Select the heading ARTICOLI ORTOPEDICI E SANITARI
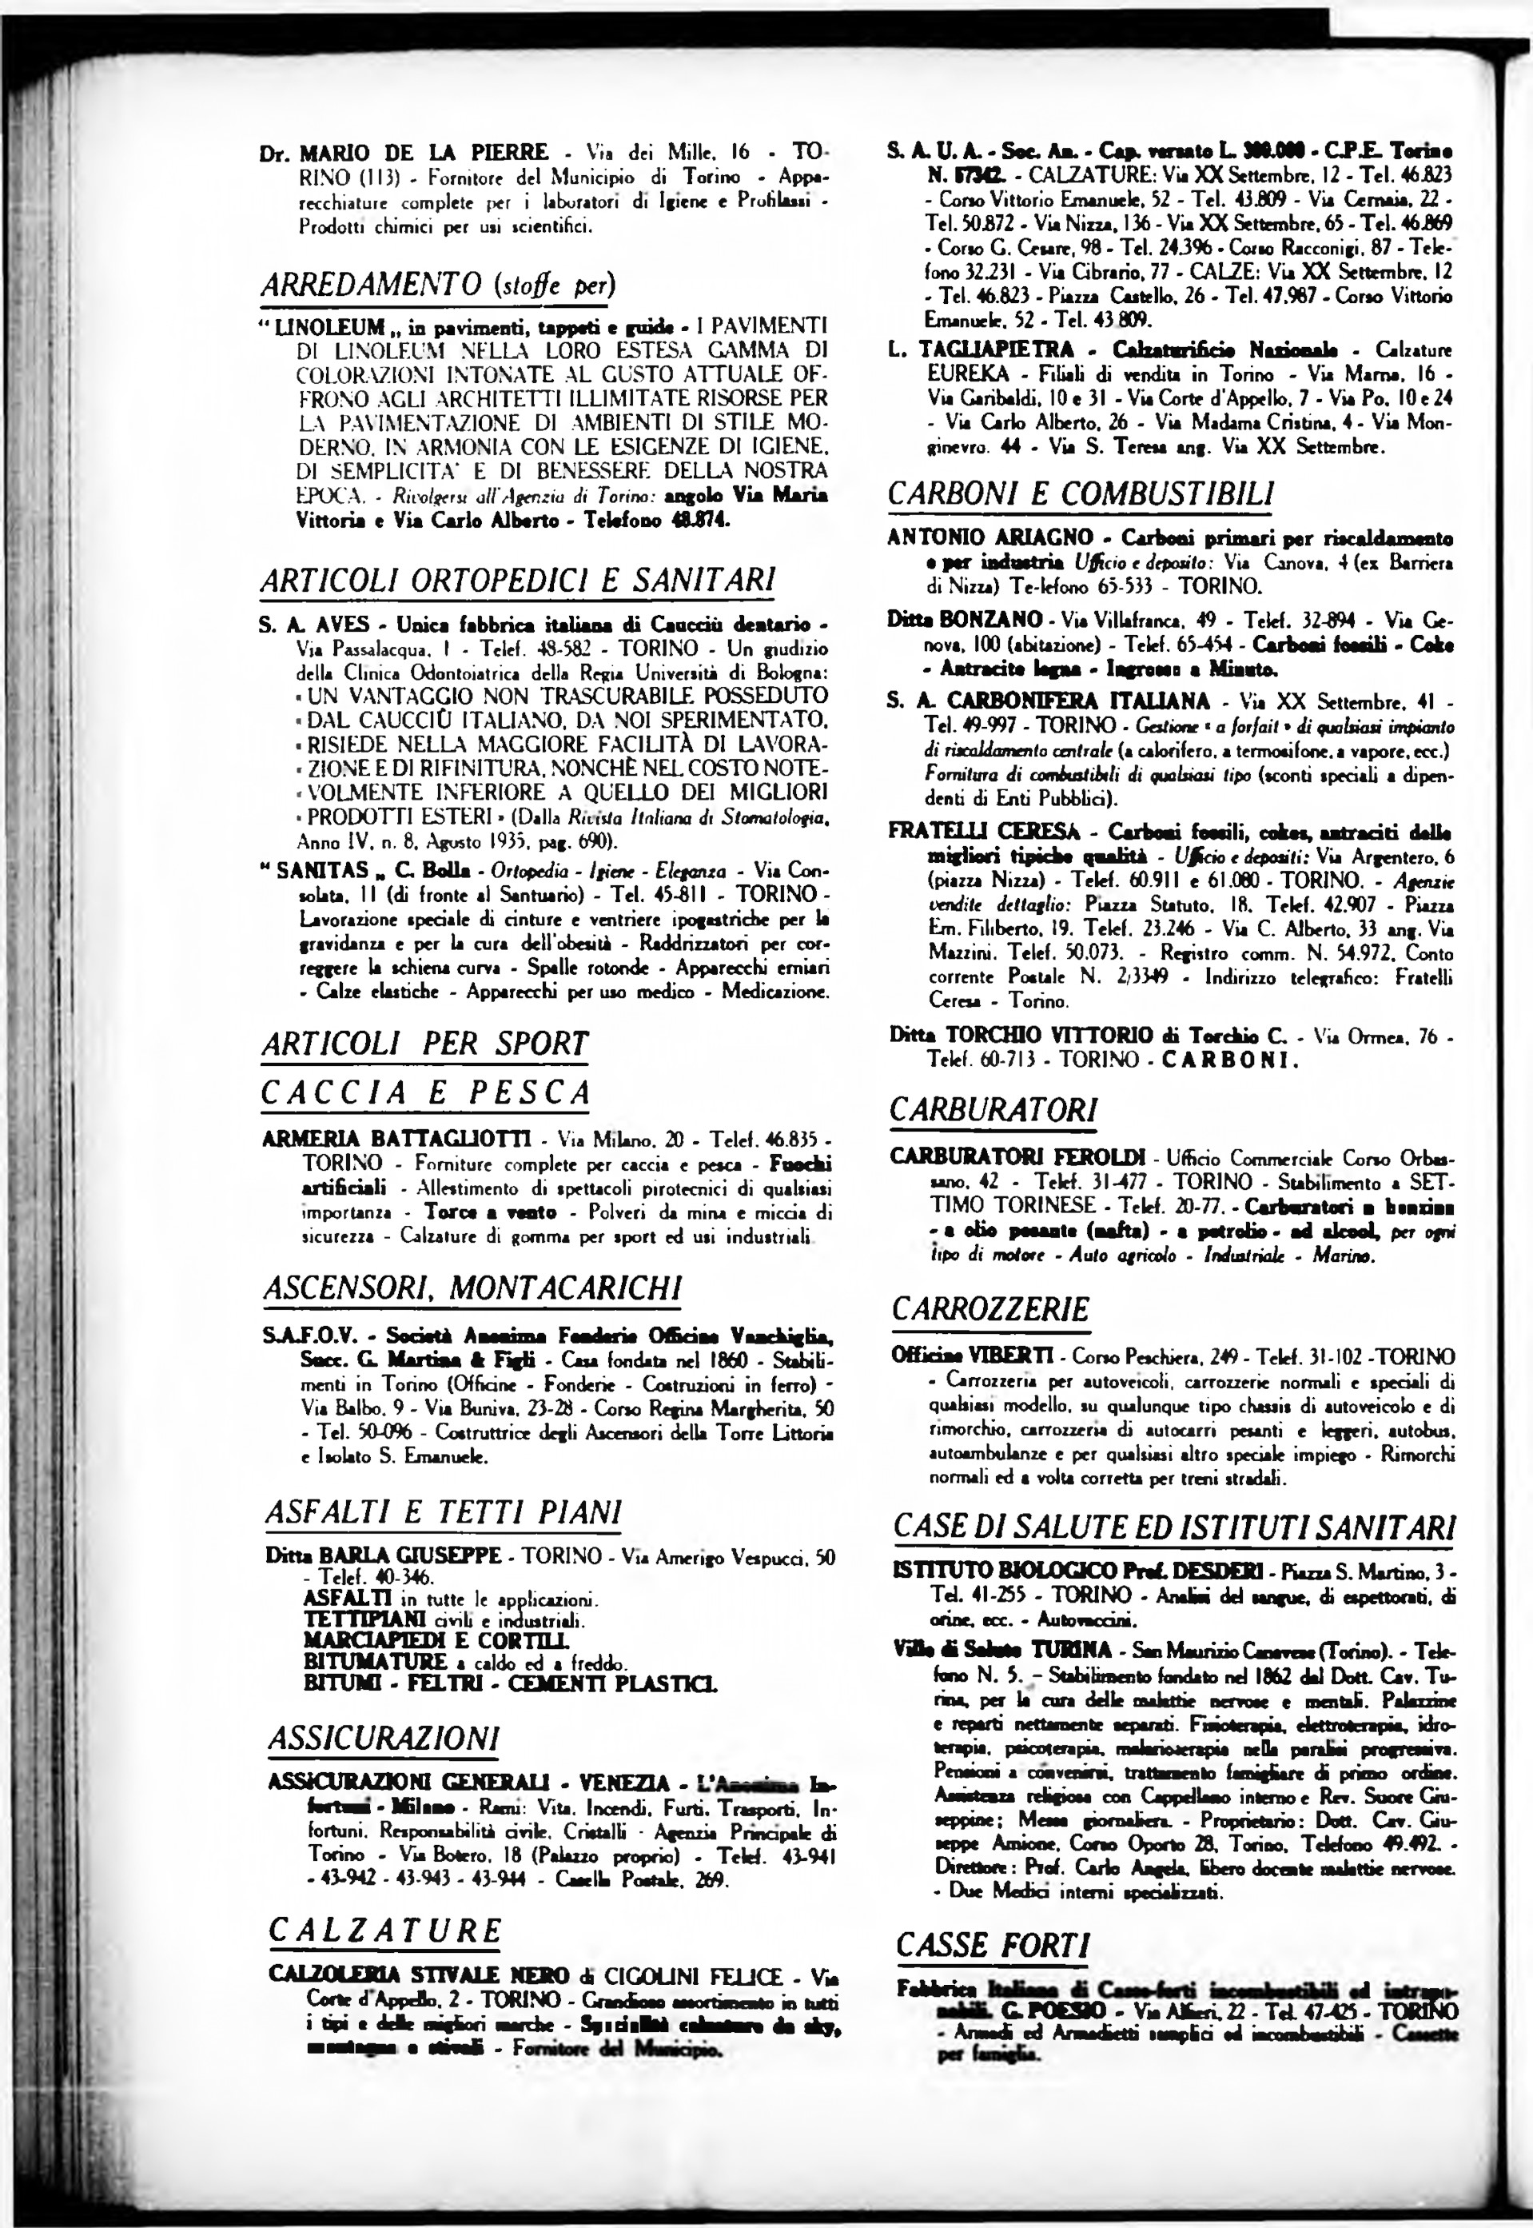518,581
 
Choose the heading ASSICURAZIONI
384,1737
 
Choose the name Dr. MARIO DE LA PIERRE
404,153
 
